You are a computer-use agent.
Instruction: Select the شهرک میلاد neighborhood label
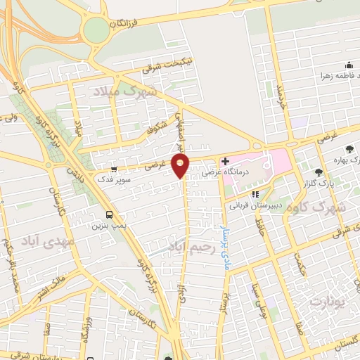click(x=127, y=91)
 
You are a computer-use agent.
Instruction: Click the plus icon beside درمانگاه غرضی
click(x=225, y=162)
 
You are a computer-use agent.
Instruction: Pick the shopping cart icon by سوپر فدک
click(x=114, y=169)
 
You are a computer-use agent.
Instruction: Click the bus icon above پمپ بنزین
click(x=109, y=215)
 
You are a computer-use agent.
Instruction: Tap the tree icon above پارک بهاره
click(x=350, y=148)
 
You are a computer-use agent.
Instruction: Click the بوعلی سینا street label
click(x=258, y=290)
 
